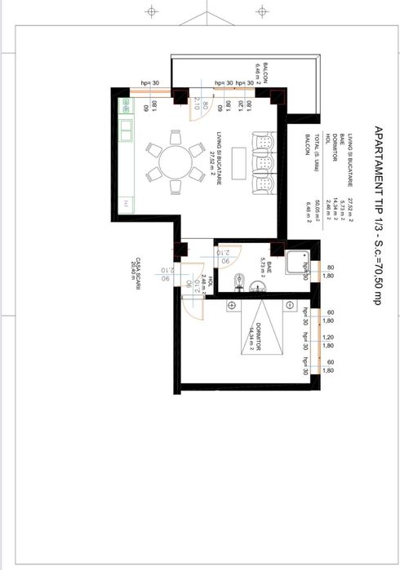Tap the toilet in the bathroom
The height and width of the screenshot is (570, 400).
pyautogui.click(x=238, y=282)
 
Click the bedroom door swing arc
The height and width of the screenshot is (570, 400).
pyautogui.click(x=190, y=302)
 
